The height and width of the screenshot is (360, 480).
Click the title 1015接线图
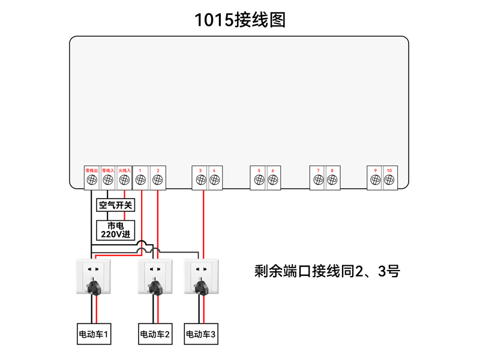tap(240, 20)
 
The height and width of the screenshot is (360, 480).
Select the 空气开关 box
tap(116, 205)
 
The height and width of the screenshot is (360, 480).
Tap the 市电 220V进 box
tap(116, 230)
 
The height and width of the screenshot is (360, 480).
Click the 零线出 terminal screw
tap(92, 180)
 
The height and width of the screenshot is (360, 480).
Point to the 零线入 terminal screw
tap(108, 180)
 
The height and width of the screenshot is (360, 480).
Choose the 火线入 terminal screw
tap(124, 180)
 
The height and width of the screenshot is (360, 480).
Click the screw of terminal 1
tap(140, 180)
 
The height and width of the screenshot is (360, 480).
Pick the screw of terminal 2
tap(157, 180)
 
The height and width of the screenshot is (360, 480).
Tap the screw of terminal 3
tap(200, 180)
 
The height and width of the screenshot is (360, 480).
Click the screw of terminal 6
tap(273, 180)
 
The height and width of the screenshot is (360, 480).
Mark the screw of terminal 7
tap(317, 180)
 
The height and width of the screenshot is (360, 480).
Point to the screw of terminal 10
tap(390, 180)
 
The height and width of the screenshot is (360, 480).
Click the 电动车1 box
tap(94, 334)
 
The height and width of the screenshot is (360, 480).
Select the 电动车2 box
tap(155, 334)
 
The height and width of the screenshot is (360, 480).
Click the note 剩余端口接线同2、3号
tap(327, 271)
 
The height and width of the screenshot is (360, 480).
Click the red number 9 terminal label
tap(375, 171)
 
